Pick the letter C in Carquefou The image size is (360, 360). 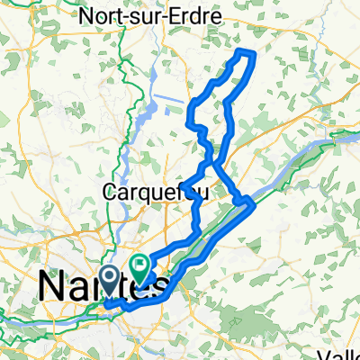click(110, 192)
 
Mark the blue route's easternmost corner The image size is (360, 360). click(256, 202)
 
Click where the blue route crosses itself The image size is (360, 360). click(213, 163)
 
